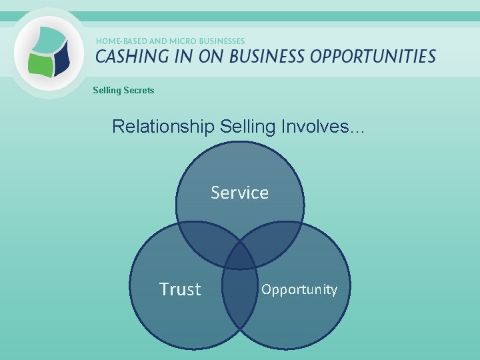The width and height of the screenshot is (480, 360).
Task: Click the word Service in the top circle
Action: (239, 193)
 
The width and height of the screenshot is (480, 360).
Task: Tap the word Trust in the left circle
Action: (180, 289)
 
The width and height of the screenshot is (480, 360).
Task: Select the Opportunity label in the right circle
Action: (299, 289)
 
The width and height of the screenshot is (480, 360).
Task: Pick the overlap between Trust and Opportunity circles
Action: (239, 293)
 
